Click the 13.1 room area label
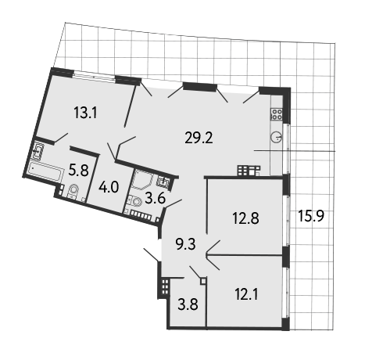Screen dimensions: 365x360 85,113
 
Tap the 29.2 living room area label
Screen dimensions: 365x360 199,138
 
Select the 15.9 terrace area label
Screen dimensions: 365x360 311,216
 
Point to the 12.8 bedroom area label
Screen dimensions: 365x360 245,218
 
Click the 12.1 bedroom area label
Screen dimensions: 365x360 246,295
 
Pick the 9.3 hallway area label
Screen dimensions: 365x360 186,246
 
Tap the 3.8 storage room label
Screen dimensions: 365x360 188,304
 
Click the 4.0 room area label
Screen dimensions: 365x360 109,187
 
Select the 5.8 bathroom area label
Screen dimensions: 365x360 79,171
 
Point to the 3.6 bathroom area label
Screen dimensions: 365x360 156,199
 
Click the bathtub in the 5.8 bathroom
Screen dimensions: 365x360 46,171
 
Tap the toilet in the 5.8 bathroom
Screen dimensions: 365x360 73,192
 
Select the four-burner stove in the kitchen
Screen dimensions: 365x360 277,114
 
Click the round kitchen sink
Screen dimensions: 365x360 276,138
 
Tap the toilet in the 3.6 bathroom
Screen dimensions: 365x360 134,202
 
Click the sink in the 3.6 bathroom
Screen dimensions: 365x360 163,181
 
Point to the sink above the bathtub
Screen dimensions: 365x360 38,150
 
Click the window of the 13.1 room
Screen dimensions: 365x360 94,76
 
